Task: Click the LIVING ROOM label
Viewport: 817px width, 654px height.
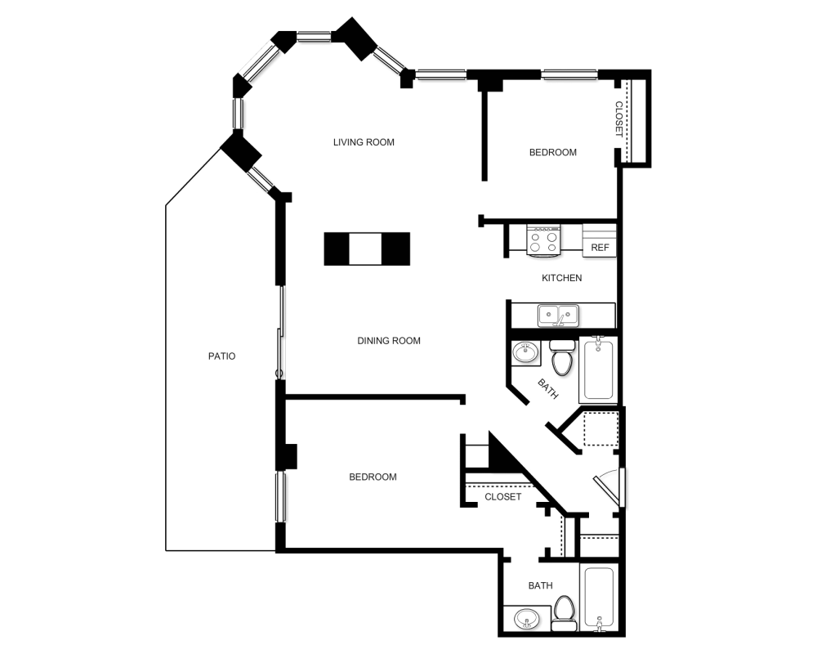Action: pos(364,142)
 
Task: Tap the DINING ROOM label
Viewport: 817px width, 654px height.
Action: pos(389,341)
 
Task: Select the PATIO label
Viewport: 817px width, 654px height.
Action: pos(222,356)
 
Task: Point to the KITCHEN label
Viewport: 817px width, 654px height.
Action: pos(562,278)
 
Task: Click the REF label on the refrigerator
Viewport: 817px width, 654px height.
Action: pos(600,248)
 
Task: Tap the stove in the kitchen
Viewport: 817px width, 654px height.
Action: pos(543,240)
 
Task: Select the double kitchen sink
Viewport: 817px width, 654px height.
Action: pos(558,316)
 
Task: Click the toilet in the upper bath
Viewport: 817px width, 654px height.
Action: pos(562,357)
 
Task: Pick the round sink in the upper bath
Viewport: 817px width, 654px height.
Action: pos(525,352)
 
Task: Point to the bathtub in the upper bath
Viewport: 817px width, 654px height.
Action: pos(598,368)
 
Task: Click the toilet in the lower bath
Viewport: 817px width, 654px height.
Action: pos(564,613)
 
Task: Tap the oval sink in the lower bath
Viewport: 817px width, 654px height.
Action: pos(526,620)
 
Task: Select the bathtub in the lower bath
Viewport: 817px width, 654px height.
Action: pos(599,598)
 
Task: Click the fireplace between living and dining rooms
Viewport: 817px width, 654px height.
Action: pos(367,249)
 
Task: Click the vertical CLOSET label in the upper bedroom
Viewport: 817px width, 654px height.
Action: pos(618,119)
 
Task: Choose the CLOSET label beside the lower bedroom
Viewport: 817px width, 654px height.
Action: pos(502,497)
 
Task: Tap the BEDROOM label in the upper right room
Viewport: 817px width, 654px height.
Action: pos(553,152)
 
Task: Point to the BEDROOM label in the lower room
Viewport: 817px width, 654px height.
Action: pos(373,477)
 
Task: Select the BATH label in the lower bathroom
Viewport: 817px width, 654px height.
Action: pos(540,585)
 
